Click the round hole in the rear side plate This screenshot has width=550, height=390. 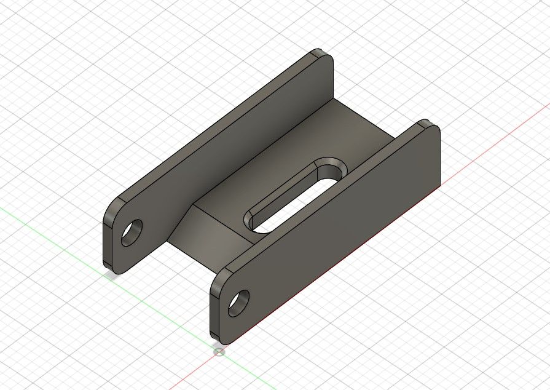132,233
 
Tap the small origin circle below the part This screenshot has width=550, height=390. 219,351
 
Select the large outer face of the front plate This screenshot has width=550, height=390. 332,228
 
